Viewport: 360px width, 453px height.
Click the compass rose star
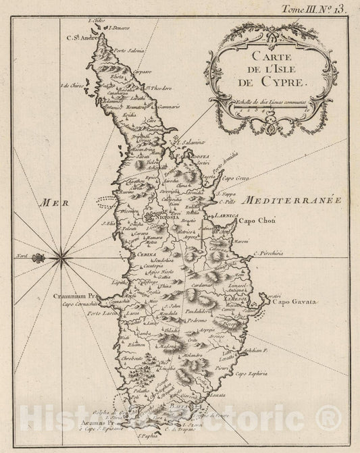61,255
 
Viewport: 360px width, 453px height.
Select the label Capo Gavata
294,302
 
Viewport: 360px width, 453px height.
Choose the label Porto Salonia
130,51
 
